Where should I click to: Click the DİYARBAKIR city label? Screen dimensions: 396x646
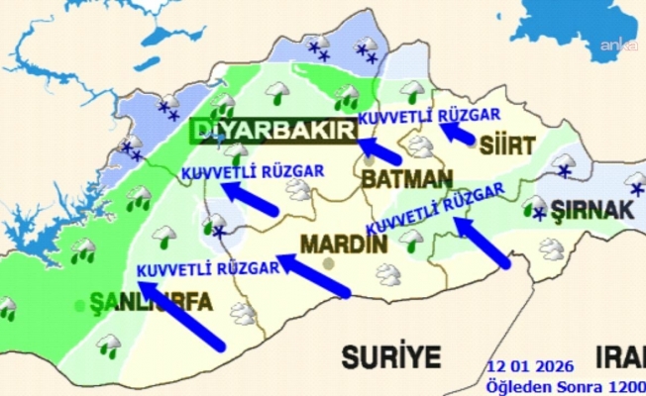270,132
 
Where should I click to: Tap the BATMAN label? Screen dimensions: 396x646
406,180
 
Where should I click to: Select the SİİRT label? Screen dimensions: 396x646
506,145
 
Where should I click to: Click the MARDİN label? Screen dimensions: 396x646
340,243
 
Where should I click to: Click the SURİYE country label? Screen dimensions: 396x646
390,355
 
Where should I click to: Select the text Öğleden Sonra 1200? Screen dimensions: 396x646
564,385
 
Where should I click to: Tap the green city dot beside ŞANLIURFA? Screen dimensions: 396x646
80,306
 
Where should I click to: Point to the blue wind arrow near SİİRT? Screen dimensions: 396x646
458,134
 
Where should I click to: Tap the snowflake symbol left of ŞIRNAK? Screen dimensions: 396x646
540,214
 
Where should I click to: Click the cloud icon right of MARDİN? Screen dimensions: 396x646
387,274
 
